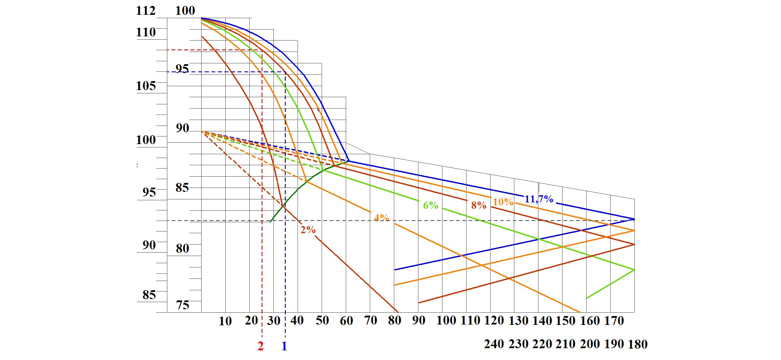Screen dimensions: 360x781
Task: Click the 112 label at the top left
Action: coord(146,11)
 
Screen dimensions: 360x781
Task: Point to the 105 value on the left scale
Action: coord(146,86)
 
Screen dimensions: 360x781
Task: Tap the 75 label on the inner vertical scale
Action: coord(183,305)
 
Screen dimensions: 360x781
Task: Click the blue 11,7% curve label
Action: coord(539,199)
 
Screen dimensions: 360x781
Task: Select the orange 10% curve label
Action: coord(503,202)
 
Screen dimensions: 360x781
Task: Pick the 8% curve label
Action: coord(479,205)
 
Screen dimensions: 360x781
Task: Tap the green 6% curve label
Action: coord(431,205)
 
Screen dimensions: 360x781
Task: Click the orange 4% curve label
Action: coord(382,218)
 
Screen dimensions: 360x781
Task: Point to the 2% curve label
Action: coord(308,230)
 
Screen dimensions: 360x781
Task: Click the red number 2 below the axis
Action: coord(260,346)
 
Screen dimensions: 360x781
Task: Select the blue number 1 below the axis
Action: coord(284,346)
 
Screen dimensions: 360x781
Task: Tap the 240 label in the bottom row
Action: coord(494,344)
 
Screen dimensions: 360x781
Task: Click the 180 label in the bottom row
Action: coord(638,344)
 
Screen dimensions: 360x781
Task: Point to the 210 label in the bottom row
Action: coord(565,344)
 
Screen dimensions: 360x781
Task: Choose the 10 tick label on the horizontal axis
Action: coord(225,321)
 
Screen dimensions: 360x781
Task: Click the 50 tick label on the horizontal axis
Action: coord(322,320)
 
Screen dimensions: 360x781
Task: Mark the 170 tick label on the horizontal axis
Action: coord(614,321)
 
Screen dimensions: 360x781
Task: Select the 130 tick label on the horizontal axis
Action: coord(518,321)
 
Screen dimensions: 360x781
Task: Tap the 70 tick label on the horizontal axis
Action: coord(371,320)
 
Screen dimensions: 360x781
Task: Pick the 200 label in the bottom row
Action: coord(590,344)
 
